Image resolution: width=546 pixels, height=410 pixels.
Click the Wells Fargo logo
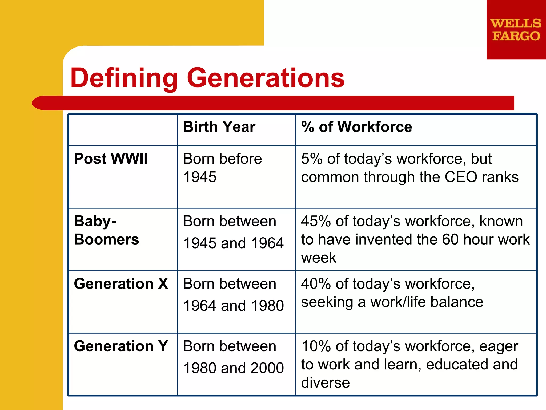pos(516,30)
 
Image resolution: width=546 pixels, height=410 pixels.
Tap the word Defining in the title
pos(124,78)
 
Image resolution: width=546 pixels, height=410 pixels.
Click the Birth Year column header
pos(219,127)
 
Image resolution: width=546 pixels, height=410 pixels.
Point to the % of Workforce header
pos(356,127)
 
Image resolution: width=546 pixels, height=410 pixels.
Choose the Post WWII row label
pos(111,159)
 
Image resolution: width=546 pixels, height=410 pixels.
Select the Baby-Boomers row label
pos(106,230)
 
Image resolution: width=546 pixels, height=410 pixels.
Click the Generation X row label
pos(121,284)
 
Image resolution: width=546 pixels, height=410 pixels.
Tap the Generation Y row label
pos(121,346)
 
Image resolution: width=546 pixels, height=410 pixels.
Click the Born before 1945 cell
pos(222,168)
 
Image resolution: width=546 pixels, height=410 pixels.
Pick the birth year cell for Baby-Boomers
pos(233,232)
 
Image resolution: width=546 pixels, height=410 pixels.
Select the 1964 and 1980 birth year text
pos(234,306)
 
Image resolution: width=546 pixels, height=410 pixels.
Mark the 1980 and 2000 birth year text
pos(234,368)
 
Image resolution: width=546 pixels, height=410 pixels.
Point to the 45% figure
pos(316,222)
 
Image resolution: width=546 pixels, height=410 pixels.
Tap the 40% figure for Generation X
pos(316,284)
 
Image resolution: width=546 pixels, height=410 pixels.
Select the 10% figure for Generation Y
pos(316,346)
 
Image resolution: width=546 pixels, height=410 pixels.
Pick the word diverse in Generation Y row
pos(325,383)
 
